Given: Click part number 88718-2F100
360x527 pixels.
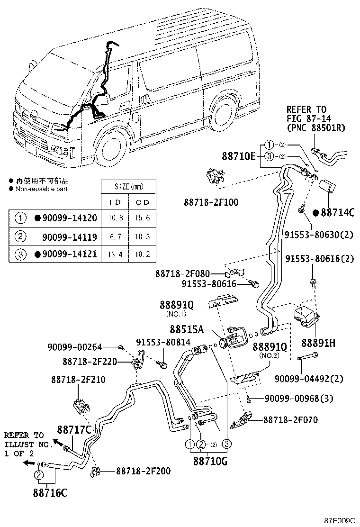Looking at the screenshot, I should (x=211, y=202).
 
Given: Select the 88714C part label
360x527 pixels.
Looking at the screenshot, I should (x=337, y=212).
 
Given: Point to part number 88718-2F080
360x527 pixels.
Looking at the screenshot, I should (x=182, y=273).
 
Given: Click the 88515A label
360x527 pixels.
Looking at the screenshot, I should (x=187, y=328).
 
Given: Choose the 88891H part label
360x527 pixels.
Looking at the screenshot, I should (x=317, y=342).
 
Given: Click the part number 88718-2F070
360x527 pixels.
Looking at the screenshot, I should (x=290, y=420).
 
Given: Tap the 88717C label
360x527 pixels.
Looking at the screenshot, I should (x=74, y=430).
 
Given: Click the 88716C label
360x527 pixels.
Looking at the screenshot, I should (x=50, y=492).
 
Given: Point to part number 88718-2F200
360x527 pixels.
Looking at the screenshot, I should (x=143, y=471).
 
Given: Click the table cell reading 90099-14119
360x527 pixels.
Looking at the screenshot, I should (x=69, y=236).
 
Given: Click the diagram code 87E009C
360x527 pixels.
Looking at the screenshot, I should (x=340, y=520).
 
